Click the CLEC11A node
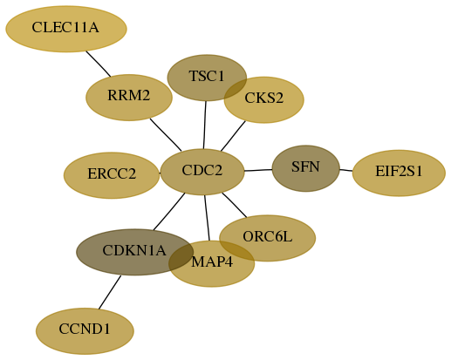pyautogui.click(x=66, y=29)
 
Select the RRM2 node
pyautogui.click(x=129, y=98)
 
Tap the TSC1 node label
pyautogui.click(x=207, y=76)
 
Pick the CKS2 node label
pyautogui.click(x=264, y=98)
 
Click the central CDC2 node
pyautogui.click(x=202, y=172)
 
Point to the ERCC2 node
pyautogui.click(x=112, y=175)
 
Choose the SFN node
pyautogui.click(x=306, y=168)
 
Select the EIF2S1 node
pyautogui.click(x=399, y=173)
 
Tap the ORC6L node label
pyautogui.click(x=268, y=237)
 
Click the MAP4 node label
pyautogui.click(x=212, y=262)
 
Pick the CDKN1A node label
pyautogui.click(x=134, y=250)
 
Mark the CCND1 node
pyautogui.click(x=85, y=331)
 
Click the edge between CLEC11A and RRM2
pyautogui.click(x=99, y=65)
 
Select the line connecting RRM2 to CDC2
pyautogui.click(x=166, y=135)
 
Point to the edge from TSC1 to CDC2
pyautogui.click(x=205, y=125)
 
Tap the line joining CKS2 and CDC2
pyautogui.click(x=233, y=136)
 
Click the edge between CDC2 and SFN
pyautogui.click(x=258, y=170)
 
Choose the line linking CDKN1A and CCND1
pyautogui.click(x=110, y=292)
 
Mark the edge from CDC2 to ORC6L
pyautogui.click(x=235, y=205)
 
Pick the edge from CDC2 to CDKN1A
pyautogui.click(x=169, y=212)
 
